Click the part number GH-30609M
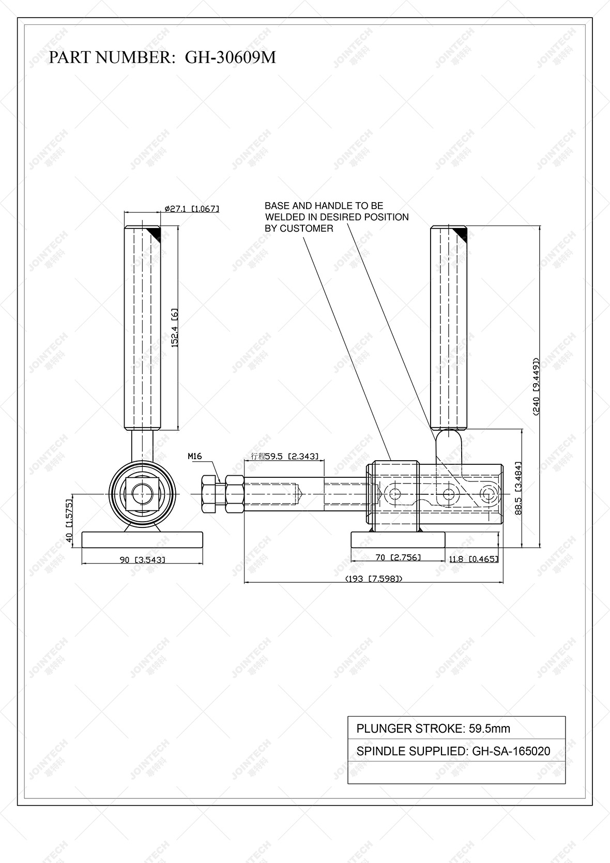(x=231, y=57)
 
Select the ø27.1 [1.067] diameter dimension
(x=192, y=209)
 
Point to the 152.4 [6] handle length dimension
(x=175, y=328)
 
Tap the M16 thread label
(x=194, y=456)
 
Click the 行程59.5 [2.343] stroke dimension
(x=284, y=456)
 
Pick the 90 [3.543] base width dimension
(x=142, y=559)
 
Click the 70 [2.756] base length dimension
(x=398, y=557)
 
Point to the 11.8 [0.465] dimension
(x=473, y=558)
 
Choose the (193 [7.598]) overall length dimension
(x=373, y=579)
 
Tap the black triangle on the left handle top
(x=155, y=233)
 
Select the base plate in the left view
(x=142, y=539)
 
